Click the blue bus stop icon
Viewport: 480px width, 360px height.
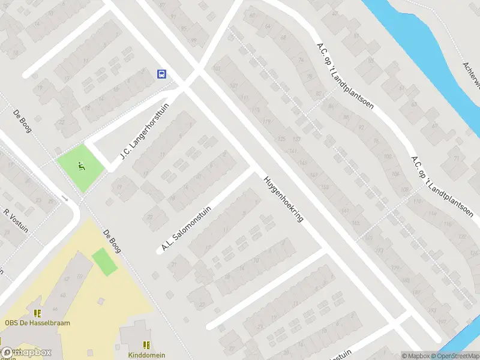point(162,74)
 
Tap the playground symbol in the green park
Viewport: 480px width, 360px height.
point(81,167)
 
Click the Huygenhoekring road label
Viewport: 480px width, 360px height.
point(283,199)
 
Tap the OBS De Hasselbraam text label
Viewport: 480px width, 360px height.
point(37,323)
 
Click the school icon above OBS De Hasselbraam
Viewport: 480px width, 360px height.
point(37,313)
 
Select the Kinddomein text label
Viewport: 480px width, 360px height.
point(146,355)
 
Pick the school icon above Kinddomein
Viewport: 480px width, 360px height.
point(146,345)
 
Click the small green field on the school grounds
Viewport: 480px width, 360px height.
point(105,262)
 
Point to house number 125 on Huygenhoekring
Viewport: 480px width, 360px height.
point(282,139)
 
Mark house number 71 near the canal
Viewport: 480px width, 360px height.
point(457,158)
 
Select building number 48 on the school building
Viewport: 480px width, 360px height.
point(62,295)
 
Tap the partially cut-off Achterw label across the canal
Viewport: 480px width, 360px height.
point(472,76)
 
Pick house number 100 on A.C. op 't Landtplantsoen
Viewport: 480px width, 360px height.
point(387,156)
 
